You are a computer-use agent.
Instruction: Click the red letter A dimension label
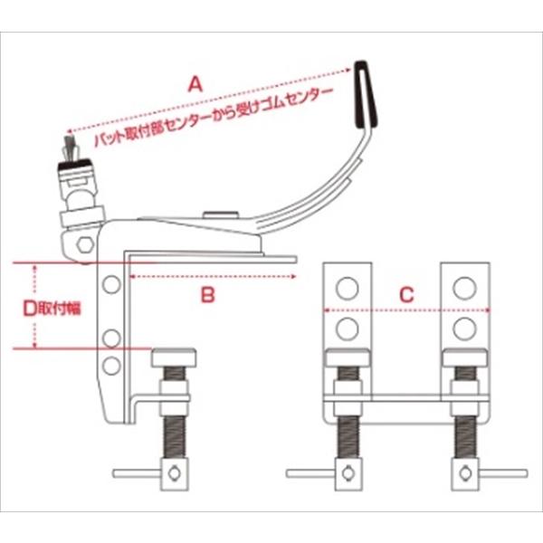point(195,84)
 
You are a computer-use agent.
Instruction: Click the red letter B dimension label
point(208,295)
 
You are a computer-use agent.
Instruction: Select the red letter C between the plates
point(406,295)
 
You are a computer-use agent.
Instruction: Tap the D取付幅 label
point(52,309)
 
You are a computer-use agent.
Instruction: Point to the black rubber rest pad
point(366,94)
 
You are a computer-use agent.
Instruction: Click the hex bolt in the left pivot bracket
point(85,245)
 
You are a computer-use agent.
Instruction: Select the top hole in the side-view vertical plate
point(111,284)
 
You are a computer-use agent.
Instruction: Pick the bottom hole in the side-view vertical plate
point(111,366)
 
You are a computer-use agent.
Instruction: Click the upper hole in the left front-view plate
point(347,288)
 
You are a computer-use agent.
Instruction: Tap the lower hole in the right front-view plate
point(465,329)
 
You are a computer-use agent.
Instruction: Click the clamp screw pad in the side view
point(174,358)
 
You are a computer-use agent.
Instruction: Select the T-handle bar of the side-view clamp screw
point(137,473)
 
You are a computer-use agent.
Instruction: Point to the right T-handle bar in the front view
point(503,473)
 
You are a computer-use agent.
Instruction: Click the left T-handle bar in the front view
point(310,473)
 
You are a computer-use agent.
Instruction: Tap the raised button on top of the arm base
point(221,214)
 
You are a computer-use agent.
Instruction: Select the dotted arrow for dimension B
point(213,276)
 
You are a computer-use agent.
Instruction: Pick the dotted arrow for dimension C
point(406,310)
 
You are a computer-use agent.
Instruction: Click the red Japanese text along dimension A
point(214,118)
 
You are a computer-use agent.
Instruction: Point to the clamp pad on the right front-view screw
point(465,358)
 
